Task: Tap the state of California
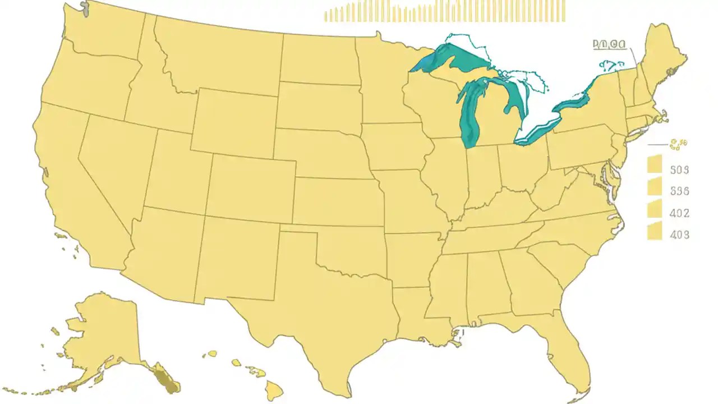73,185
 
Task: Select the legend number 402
680,213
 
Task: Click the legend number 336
680,191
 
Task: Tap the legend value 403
680,235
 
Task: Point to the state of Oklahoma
348,250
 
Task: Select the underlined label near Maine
609,45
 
